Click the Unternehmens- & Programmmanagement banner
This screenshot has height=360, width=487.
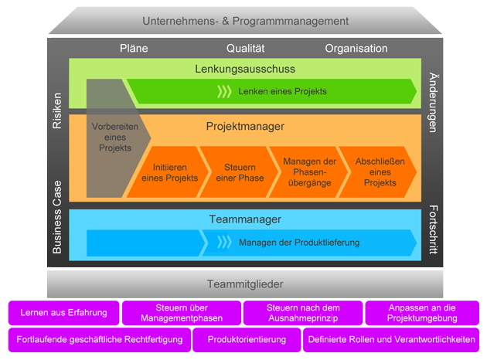tap(246, 21)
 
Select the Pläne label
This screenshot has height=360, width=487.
tap(134, 48)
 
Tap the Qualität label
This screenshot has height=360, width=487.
tap(246, 48)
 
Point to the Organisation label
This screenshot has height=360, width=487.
tap(356, 48)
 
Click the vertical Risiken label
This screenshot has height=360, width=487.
tap(57, 111)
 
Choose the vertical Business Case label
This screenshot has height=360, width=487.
tap(57, 219)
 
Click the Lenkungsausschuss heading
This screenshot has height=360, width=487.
tap(245, 69)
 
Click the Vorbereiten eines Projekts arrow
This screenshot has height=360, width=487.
tap(111, 137)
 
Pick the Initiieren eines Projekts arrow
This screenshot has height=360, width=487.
tap(169, 172)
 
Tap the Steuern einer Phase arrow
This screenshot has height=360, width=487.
tap(239, 172)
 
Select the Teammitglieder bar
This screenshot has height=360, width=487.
tap(246, 284)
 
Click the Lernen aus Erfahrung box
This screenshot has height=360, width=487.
tap(64, 313)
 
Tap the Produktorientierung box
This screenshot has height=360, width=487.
tap(247, 339)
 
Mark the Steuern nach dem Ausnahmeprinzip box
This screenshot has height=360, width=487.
tap(303, 313)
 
